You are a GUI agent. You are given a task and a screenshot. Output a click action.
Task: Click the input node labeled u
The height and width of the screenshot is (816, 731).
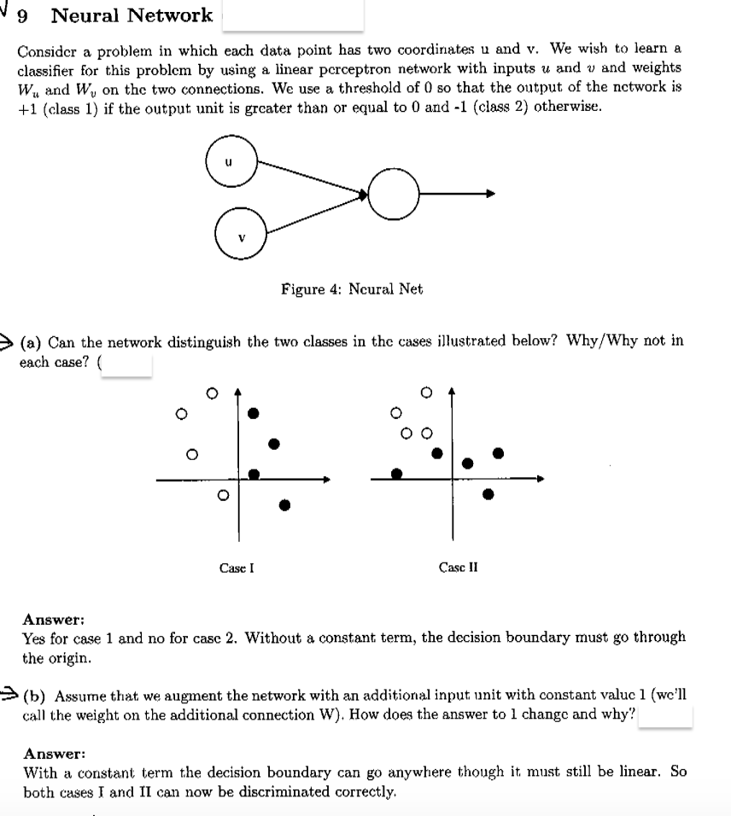[230, 160]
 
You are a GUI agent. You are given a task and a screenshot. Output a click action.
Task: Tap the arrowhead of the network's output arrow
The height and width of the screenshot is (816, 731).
[490, 195]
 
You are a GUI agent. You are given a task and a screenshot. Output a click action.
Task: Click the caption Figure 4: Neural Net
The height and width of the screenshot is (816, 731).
[352, 289]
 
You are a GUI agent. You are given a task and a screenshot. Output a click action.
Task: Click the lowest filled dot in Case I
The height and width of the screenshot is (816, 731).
[285, 505]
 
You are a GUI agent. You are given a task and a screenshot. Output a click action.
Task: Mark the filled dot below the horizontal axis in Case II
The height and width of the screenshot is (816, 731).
[488, 493]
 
